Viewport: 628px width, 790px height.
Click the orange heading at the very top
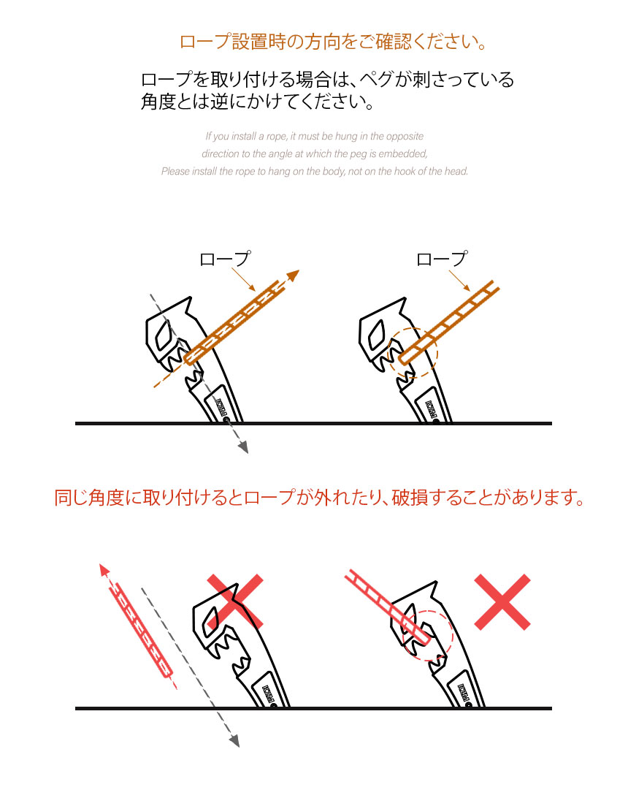pyautogui.click(x=333, y=42)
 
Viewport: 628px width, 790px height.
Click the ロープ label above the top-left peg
pyautogui.click(x=225, y=259)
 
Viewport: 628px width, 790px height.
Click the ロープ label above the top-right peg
pyautogui.click(x=441, y=259)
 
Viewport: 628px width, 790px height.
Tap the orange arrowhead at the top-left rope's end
pyautogui.click(x=293, y=276)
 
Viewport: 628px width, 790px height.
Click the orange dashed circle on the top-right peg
pyautogui.click(x=413, y=353)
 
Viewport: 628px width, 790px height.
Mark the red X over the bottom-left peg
pyautogui.click(x=234, y=601)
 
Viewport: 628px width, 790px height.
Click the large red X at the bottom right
pyautogui.click(x=502, y=601)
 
